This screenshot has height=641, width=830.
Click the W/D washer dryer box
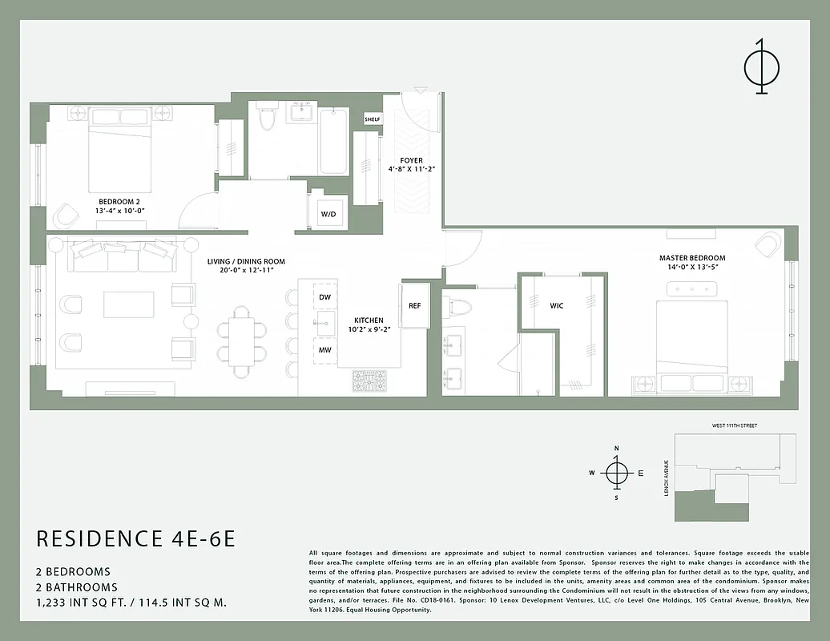[328, 214]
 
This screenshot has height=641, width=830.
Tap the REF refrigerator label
[414, 306]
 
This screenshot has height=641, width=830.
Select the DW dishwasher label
[324, 297]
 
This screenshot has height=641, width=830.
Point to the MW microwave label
[324, 350]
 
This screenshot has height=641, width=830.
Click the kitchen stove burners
[369, 381]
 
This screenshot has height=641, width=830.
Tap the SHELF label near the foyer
[373, 119]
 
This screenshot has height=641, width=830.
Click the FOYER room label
[412, 161]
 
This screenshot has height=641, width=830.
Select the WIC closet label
[556, 306]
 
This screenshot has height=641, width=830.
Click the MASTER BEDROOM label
[692, 258]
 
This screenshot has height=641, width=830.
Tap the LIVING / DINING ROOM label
[246, 262]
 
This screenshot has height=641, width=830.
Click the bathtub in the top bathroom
[333, 141]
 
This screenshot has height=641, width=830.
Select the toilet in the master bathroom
[460, 306]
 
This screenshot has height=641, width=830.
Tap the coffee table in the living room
[128, 304]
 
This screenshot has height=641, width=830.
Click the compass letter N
[616, 449]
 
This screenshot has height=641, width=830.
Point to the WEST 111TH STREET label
[734, 425]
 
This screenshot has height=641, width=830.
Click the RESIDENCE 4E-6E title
[136, 538]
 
